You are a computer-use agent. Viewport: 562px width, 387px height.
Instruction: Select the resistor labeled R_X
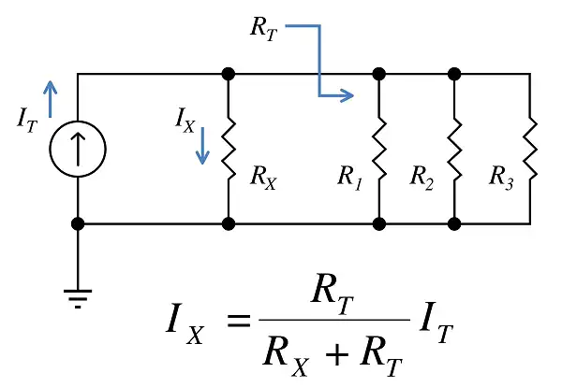[229, 149]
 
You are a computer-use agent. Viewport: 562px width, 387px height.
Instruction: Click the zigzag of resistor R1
[379, 149]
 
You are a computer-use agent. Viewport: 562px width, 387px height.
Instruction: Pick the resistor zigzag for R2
[454, 149]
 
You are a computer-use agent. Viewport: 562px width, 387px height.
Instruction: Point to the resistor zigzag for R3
[530, 149]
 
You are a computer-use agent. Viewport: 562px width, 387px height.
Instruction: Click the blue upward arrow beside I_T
[51, 99]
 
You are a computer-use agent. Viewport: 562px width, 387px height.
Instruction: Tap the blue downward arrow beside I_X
[202, 146]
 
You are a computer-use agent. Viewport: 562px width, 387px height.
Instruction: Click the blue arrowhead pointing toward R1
[347, 95]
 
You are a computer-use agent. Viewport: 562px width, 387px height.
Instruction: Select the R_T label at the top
[264, 29]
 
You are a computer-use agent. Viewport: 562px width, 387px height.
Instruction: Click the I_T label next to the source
[27, 120]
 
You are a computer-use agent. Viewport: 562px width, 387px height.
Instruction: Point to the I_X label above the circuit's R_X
[185, 121]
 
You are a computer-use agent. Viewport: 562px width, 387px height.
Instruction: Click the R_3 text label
[501, 178]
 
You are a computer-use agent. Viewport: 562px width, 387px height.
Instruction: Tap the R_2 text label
[421, 178]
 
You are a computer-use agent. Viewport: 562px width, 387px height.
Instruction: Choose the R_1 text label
[349, 178]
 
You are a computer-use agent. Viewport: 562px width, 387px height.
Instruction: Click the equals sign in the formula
[238, 321]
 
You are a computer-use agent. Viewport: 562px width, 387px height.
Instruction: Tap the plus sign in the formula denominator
[336, 354]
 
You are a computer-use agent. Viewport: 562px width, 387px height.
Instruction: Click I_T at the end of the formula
[436, 323]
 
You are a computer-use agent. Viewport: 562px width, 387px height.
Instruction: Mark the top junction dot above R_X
[229, 74]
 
